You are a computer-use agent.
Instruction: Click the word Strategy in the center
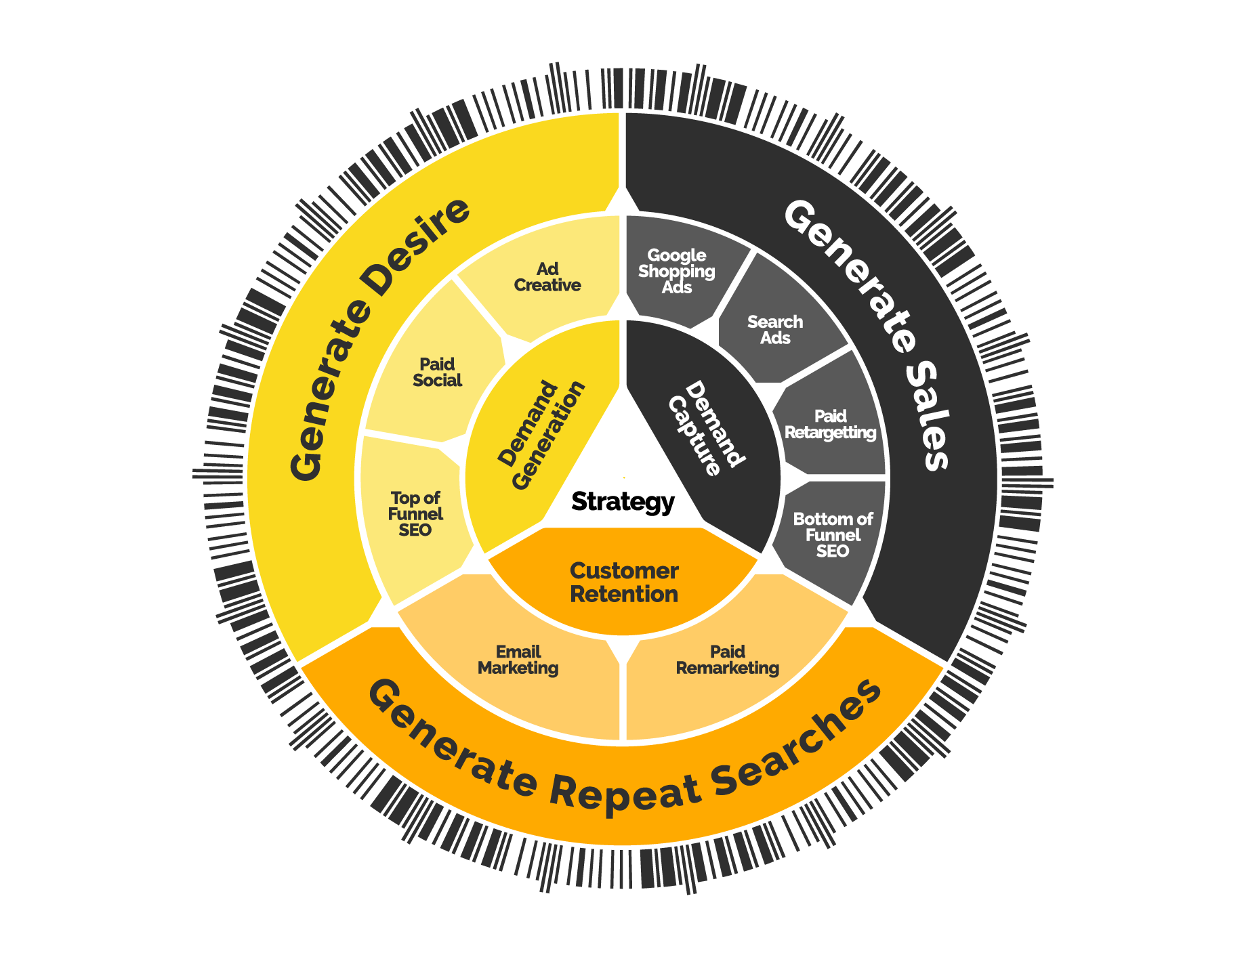623,502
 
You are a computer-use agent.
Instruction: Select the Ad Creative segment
547,277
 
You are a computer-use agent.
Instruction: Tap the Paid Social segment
437,373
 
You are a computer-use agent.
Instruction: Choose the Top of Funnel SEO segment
415,514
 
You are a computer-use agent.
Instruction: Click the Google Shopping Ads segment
676,271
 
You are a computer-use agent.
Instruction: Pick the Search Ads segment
775,330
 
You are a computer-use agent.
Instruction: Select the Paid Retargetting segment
830,425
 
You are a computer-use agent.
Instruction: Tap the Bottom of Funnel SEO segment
833,535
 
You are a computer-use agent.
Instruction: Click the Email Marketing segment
518,660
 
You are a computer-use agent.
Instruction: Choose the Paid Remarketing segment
728,660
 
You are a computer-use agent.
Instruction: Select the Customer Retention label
624,582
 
